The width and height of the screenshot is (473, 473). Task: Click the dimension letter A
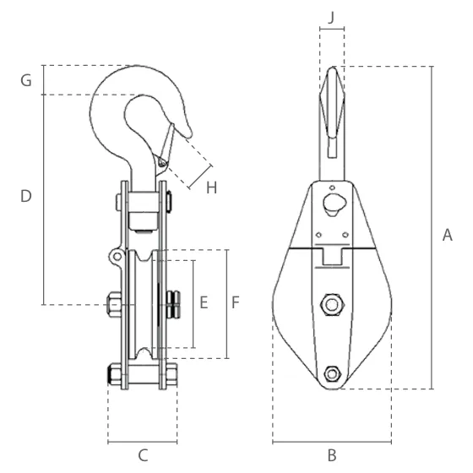pyautogui.click(x=448, y=235)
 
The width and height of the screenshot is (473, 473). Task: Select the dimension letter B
pyautogui.click(x=332, y=455)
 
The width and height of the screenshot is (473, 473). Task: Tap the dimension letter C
pyautogui.click(x=143, y=455)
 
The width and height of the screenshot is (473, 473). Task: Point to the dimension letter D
pyautogui.click(x=26, y=196)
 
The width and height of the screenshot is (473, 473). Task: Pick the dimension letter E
pyautogui.click(x=204, y=302)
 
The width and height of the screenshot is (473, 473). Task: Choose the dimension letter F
pyautogui.click(x=236, y=302)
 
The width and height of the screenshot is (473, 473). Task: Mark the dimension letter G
pyautogui.click(x=26, y=81)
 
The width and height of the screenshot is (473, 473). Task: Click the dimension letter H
pyautogui.click(x=211, y=188)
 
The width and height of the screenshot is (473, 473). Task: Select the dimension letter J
pyautogui.click(x=331, y=18)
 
